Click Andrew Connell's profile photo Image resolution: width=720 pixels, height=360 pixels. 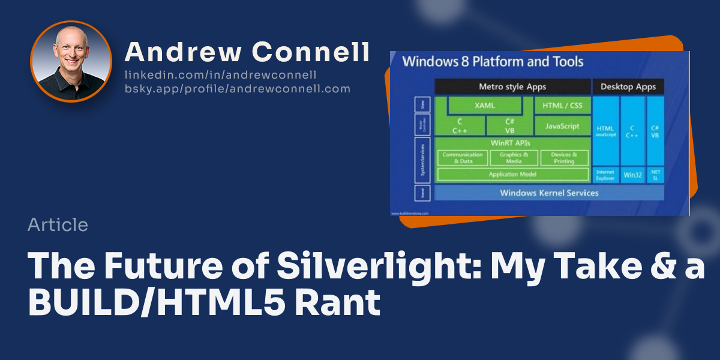coord(71,62)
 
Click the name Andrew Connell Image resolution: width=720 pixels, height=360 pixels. coord(247,53)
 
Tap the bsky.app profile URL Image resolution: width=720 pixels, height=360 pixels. coord(237,89)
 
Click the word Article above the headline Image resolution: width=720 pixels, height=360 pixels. coord(58,225)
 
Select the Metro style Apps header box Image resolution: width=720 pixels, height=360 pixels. coord(512,86)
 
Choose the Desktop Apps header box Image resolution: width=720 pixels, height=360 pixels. coord(628,86)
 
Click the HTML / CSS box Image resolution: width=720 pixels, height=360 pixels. coord(562,105)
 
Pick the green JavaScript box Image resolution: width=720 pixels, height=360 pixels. coord(562,126)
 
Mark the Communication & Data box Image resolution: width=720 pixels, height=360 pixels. coord(463,158)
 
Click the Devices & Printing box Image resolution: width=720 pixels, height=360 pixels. coord(564,158)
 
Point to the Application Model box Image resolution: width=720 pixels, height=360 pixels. coord(512,174)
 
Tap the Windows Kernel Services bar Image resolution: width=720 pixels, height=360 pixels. coord(548,193)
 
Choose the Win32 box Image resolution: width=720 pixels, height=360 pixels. coord(632,175)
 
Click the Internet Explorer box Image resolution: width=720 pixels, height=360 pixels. coord(605,175)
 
